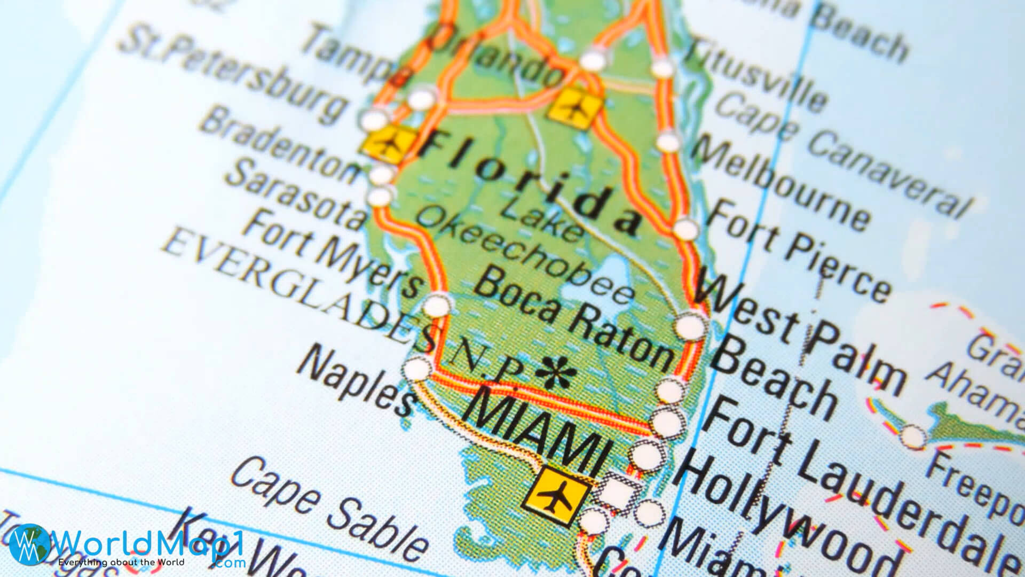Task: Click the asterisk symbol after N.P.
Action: click(x=556, y=372)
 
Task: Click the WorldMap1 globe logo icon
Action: click(x=29, y=544)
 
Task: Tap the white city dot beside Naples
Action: click(x=417, y=369)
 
